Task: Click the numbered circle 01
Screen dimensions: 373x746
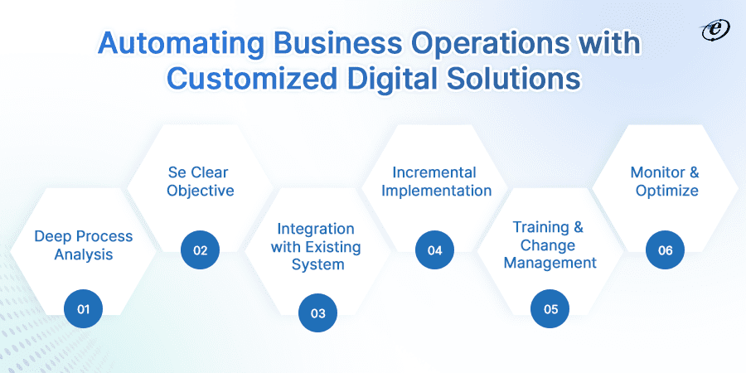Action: pyautogui.click(x=83, y=309)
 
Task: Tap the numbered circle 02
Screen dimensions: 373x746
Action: pyautogui.click(x=200, y=249)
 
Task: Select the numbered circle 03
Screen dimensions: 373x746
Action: pyautogui.click(x=317, y=313)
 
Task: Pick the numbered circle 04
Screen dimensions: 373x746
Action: pyautogui.click(x=434, y=249)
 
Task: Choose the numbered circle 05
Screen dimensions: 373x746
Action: pyautogui.click(x=551, y=309)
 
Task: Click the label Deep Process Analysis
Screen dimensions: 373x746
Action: pyautogui.click(x=83, y=245)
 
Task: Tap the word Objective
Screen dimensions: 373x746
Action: pyautogui.click(x=200, y=191)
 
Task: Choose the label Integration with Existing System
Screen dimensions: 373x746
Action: pyautogui.click(x=317, y=246)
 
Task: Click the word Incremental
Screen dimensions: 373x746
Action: pyautogui.click(x=434, y=172)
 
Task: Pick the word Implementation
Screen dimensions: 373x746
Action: pyautogui.click(x=434, y=191)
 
